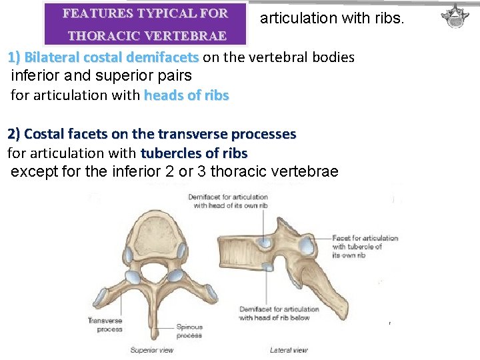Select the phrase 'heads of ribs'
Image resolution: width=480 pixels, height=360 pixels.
pos(186,95)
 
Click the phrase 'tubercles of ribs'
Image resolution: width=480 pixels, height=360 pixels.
pos(193,153)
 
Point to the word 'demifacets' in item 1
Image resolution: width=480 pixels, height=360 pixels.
pos(163,57)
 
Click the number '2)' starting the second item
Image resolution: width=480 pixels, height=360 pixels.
pos(14,134)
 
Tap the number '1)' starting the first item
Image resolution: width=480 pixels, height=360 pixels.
pos(14,57)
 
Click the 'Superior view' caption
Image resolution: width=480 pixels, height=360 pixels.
pos(152,350)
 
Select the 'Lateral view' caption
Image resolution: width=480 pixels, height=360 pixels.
pos(289,350)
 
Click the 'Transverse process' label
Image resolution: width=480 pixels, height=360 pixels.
pos(105,325)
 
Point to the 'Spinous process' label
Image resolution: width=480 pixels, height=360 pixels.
pos(189,331)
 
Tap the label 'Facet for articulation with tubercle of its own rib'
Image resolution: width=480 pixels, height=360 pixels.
pos(365,247)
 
